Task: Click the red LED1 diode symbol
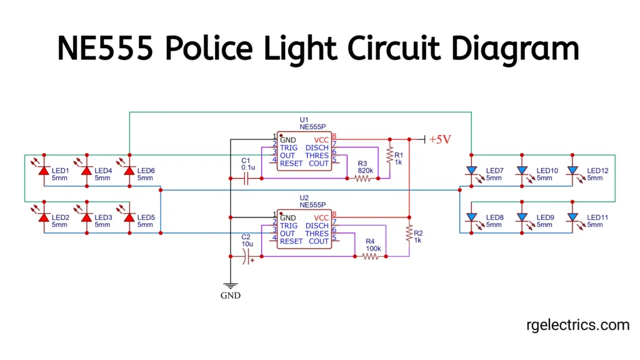click(x=44, y=170)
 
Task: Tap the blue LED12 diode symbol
click(x=573, y=170)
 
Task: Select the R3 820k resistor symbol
click(x=362, y=178)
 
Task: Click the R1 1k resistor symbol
click(x=390, y=154)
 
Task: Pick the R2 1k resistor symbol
click(x=409, y=234)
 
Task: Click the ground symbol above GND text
click(x=230, y=285)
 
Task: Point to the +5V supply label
click(x=440, y=139)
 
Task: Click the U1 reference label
click(x=304, y=119)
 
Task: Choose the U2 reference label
click(x=304, y=197)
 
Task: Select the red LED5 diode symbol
click(x=129, y=217)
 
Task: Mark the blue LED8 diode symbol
click(x=472, y=217)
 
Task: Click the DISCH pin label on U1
click(x=317, y=147)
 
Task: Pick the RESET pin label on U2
click(x=291, y=241)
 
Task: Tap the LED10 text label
click(x=547, y=171)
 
